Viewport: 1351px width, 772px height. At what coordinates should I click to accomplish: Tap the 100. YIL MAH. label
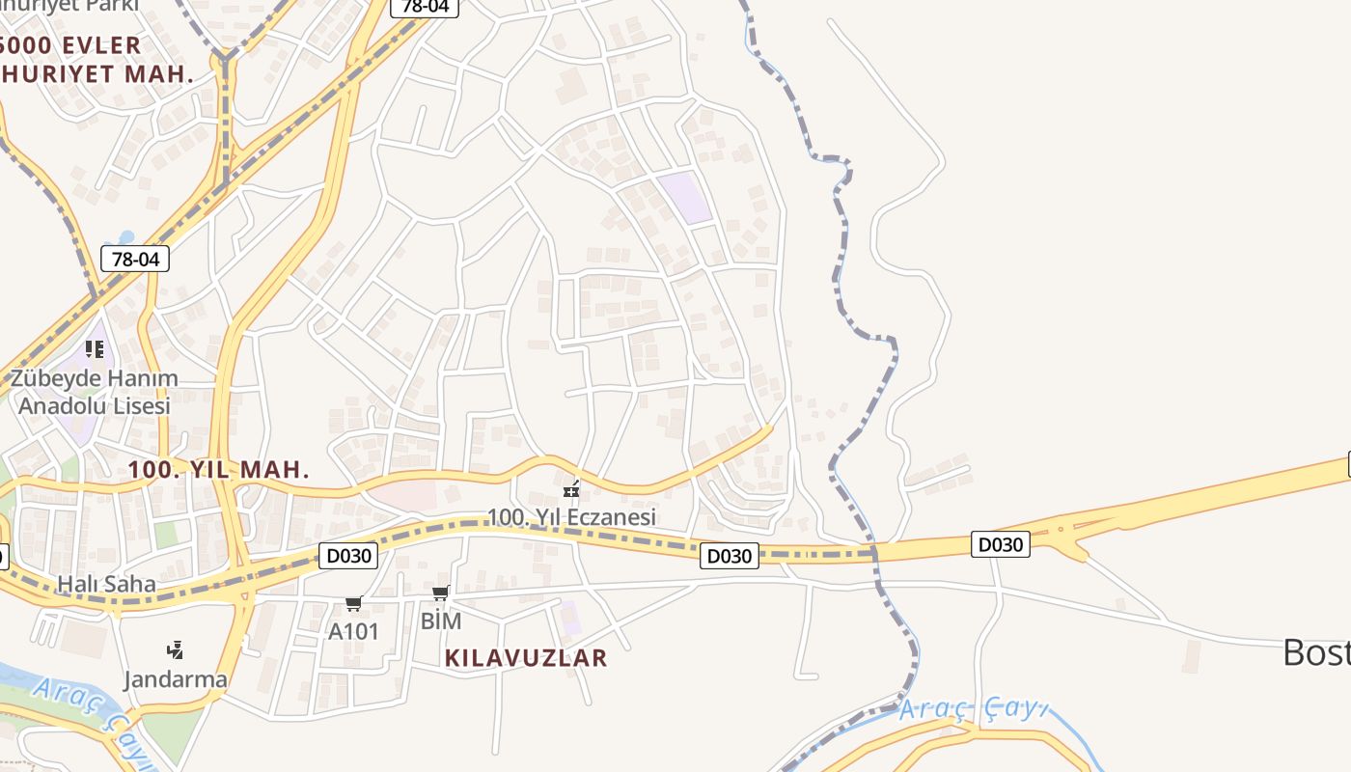219,470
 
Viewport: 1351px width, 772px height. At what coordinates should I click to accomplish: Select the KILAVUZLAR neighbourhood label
526,658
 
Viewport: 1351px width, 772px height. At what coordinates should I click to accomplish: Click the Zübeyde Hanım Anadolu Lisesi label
95,392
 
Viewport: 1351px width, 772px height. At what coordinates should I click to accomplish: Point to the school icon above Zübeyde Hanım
95,348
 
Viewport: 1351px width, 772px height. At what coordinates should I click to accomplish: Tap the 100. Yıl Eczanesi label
571,516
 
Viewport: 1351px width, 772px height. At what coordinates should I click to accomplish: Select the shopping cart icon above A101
353,604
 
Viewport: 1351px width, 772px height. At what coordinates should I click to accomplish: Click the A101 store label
353,631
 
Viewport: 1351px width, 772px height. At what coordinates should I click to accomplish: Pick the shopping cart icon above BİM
441,593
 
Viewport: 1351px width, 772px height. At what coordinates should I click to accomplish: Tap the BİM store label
441,620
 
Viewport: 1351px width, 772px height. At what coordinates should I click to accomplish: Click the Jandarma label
176,678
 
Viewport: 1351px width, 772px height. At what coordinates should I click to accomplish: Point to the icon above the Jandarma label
175,649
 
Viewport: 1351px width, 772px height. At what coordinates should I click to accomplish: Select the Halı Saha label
106,583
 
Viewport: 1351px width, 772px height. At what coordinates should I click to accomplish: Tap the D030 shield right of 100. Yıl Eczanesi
730,555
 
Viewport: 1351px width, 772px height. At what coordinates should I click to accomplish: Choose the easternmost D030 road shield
1000,544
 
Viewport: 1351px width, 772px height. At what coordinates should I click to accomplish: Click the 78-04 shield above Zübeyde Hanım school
135,259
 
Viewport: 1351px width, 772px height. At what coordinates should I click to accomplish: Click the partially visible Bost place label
1316,653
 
